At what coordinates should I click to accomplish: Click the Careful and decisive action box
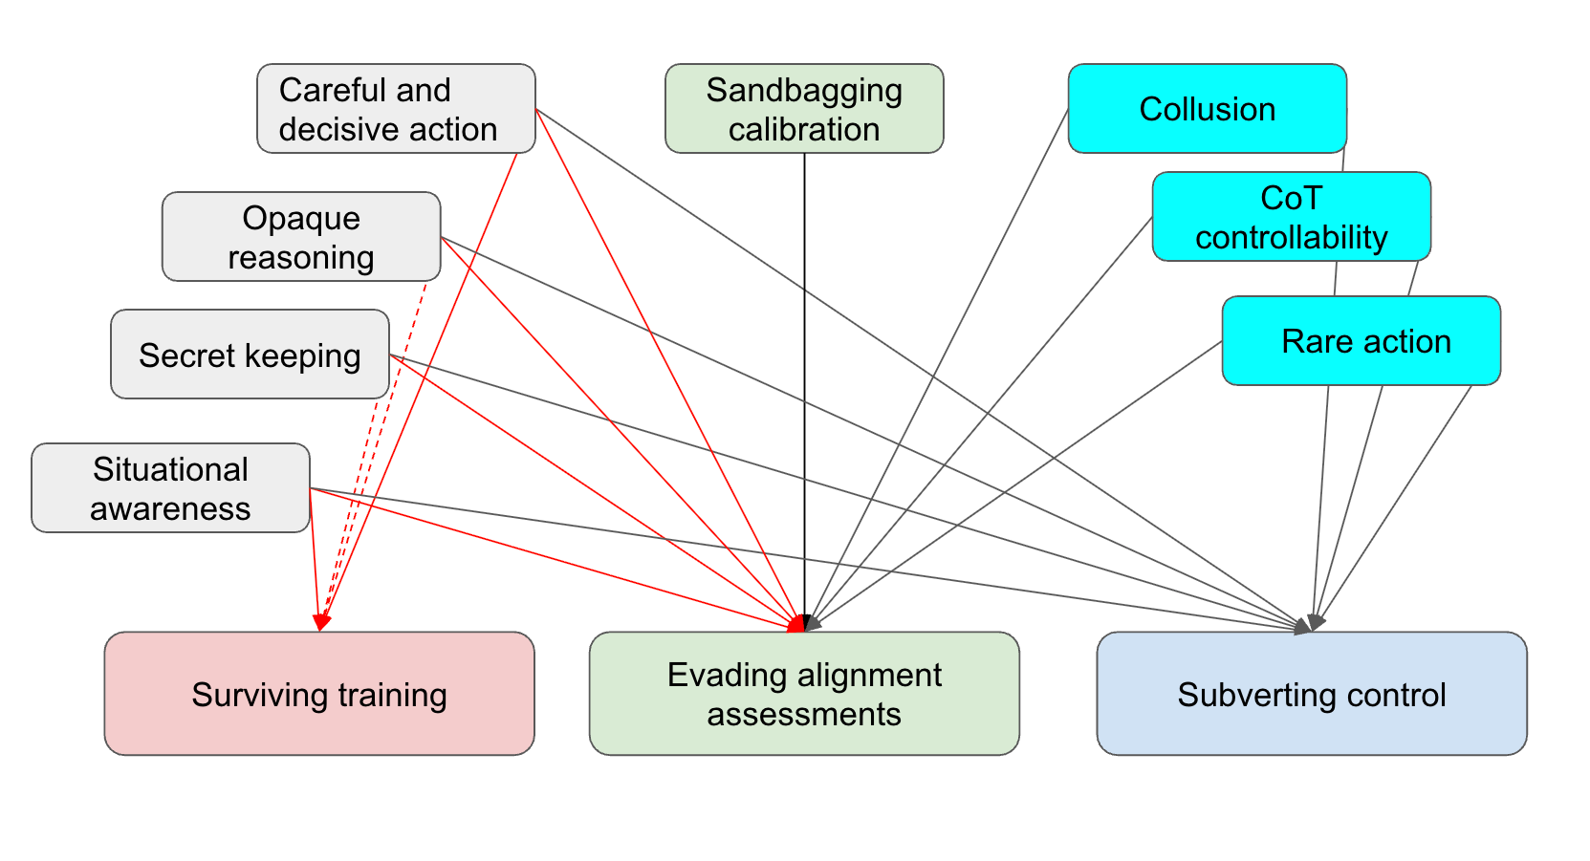click(x=396, y=109)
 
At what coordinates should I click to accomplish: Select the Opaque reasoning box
click(x=301, y=236)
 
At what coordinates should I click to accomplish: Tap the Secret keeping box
click(x=250, y=354)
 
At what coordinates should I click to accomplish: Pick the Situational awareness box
click(x=170, y=488)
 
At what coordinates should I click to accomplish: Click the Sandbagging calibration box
click(x=804, y=109)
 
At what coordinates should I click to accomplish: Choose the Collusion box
click(x=1208, y=109)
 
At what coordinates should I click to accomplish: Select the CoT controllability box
click(x=1292, y=216)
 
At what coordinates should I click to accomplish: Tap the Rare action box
click(x=1361, y=340)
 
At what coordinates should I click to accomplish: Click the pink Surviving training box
click(x=319, y=694)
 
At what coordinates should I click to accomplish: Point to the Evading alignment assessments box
click(x=804, y=694)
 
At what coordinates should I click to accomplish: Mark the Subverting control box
click(x=1312, y=694)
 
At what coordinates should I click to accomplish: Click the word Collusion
click(x=1208, y=109)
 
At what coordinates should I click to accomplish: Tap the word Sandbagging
click(x=804, y=91)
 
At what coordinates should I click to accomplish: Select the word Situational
click(x=170, y=469)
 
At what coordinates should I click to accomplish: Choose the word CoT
click(x=1291, y=198)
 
